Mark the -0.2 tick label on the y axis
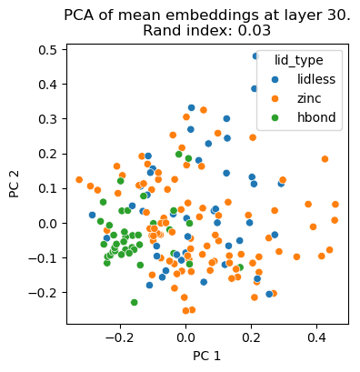tap(44, 293)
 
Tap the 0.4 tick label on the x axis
tap(317, 337)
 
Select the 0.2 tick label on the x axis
tap(250, 337)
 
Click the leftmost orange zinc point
tap(79, 179)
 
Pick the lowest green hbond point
tap(134, 302)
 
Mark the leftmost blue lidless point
tap(92, 215)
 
